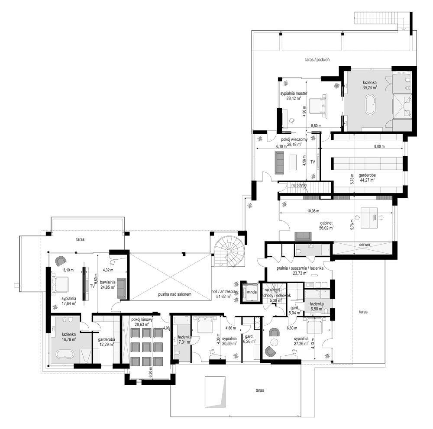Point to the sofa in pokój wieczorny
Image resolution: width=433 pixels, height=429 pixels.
(x=279, y=161)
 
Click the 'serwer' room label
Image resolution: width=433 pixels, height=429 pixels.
(x=365, y=245)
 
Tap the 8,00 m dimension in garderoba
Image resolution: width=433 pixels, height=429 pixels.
(x=379, y=147)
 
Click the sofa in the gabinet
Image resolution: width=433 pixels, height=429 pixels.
(x=303, y=236)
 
